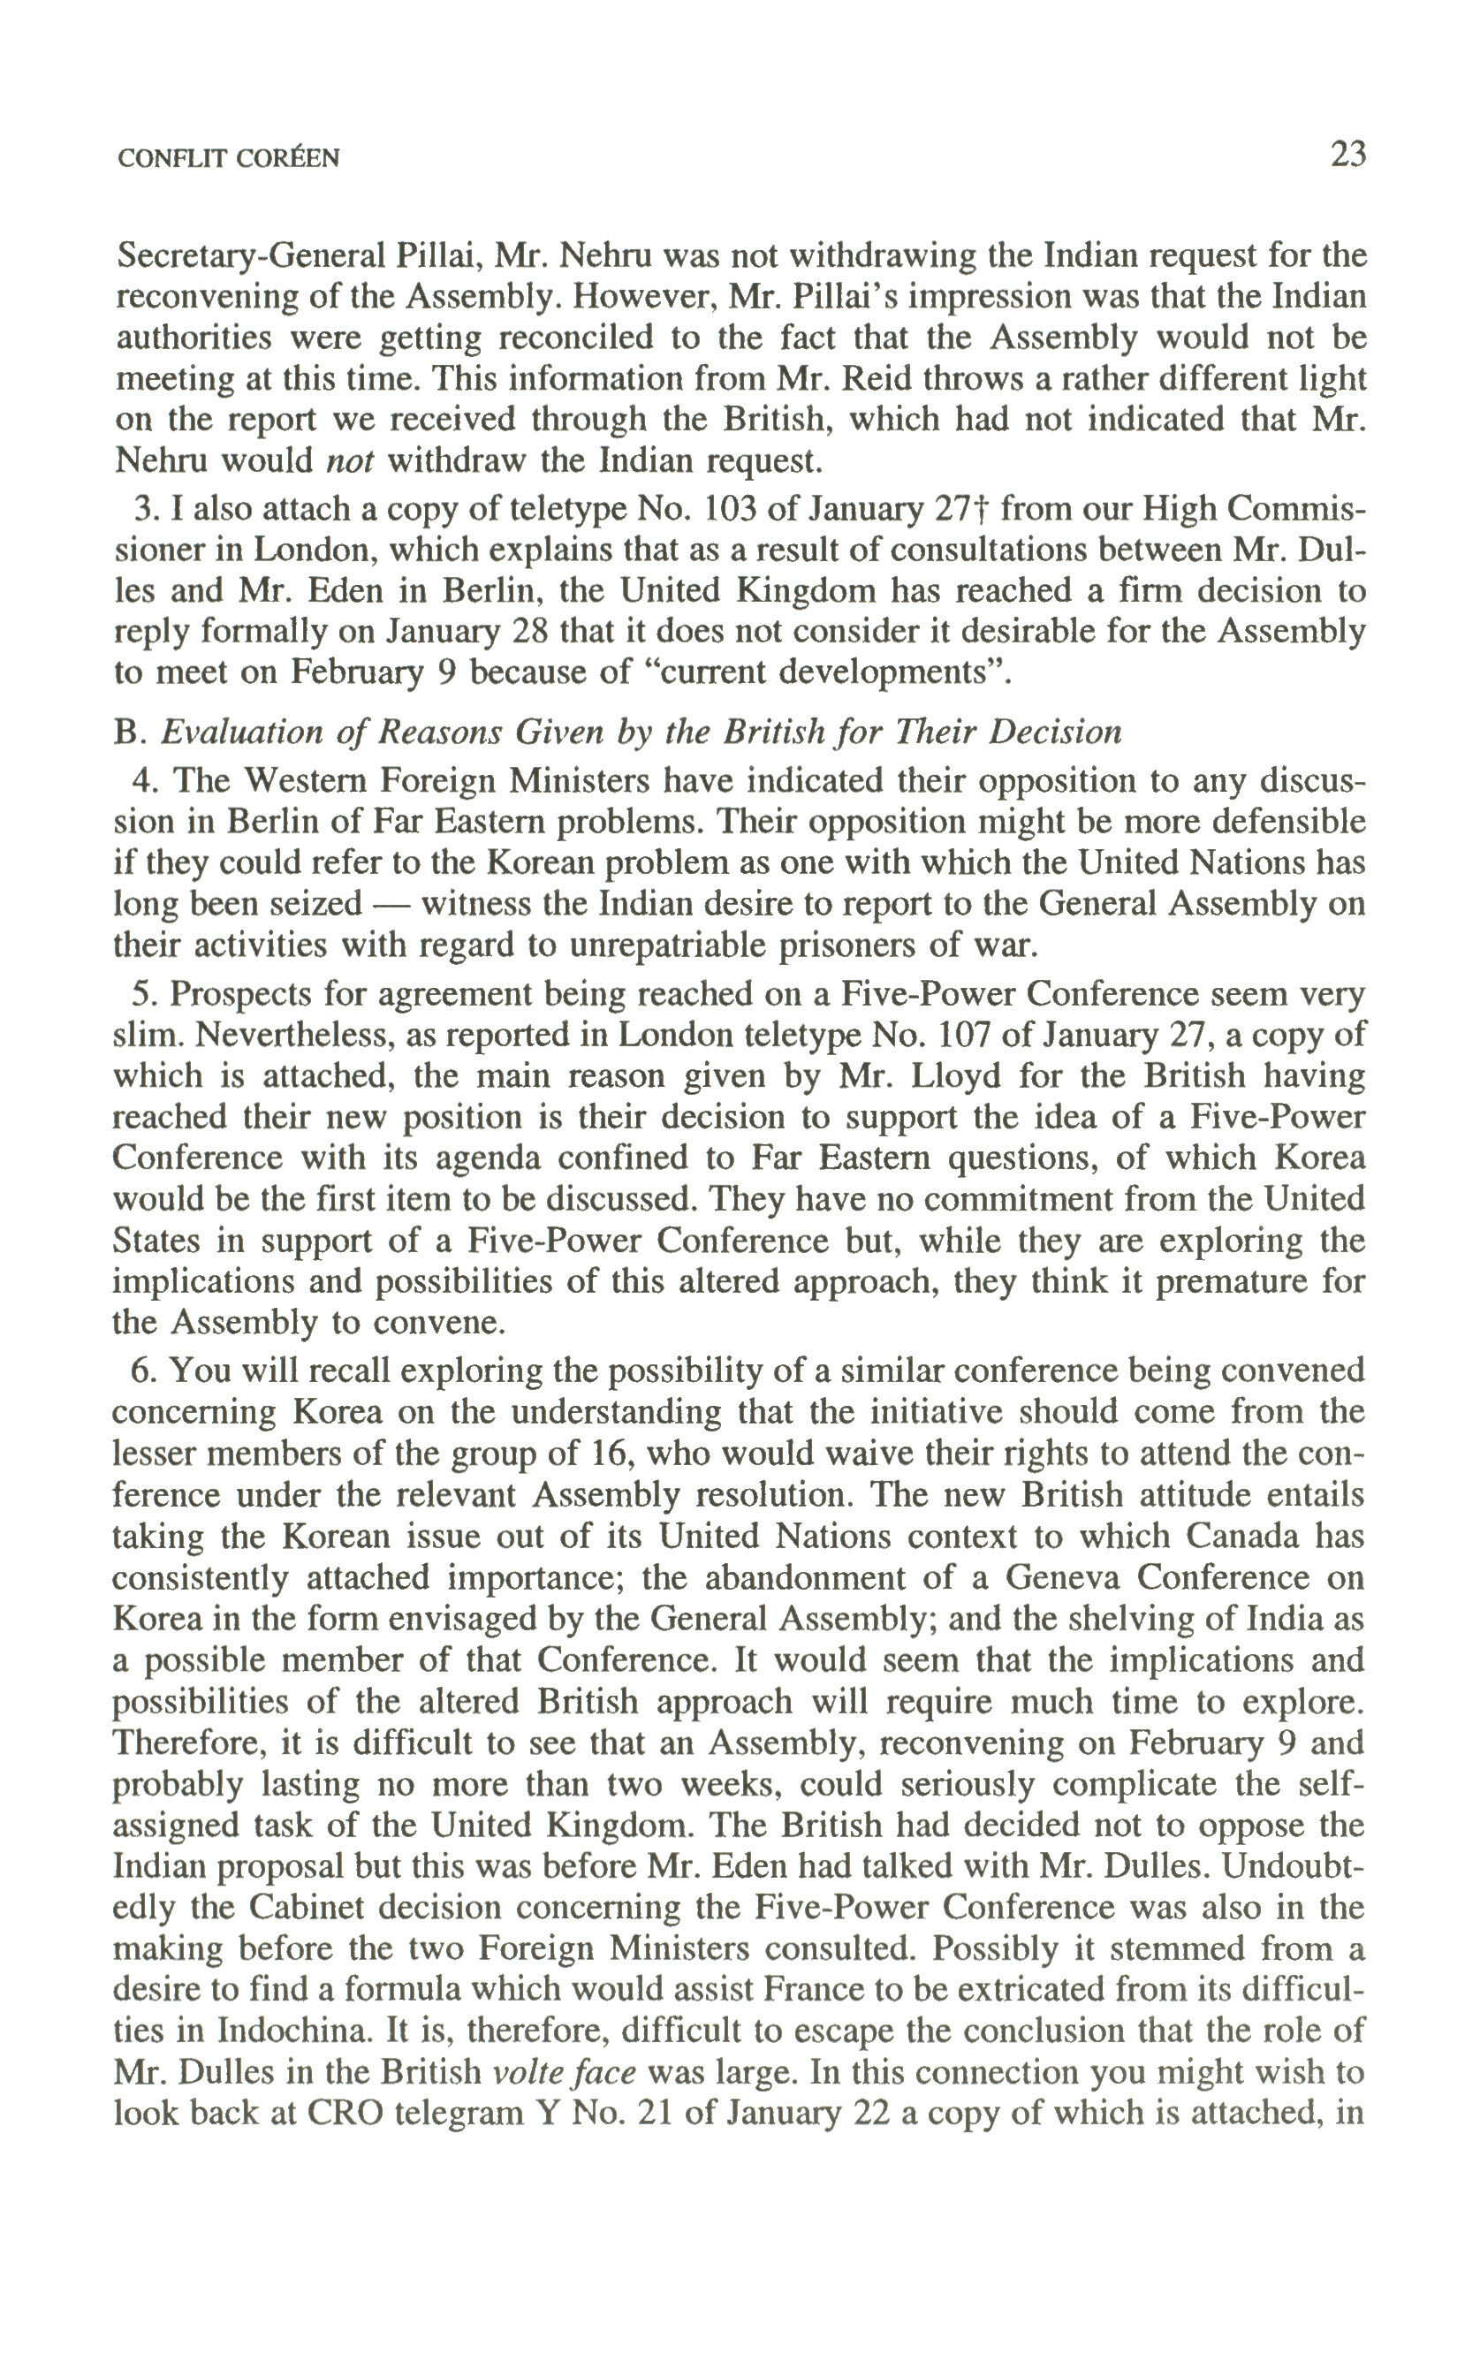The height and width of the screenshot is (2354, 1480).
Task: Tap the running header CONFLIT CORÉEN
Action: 228,158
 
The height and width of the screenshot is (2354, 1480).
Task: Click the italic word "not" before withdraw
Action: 349,460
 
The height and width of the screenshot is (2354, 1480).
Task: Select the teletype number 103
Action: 732,509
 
